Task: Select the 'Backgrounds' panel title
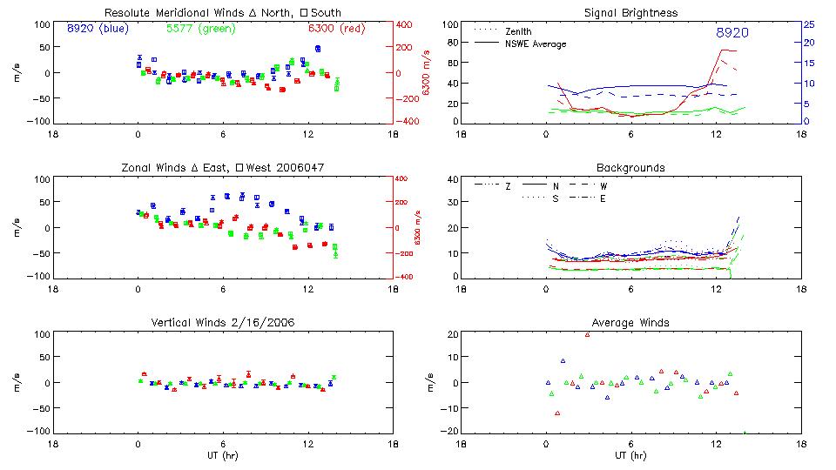630,167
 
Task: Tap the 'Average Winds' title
630,322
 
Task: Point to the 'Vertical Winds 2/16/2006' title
223,322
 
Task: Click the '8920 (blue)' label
97,28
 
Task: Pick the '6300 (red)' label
338,28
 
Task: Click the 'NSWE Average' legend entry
535,44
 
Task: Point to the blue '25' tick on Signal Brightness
808,24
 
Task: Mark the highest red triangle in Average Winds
588,334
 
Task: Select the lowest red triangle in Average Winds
557,413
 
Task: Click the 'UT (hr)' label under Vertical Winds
223,455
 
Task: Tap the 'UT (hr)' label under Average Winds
630,455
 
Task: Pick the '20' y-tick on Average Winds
453,335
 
